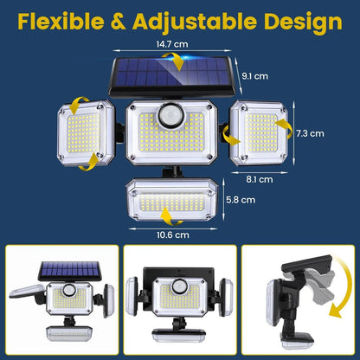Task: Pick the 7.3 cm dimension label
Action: click(310, 133)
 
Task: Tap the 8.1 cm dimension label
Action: click(259, 179)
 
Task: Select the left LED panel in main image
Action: click(87, 135)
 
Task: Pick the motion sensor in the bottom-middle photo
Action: click(180, 286)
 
